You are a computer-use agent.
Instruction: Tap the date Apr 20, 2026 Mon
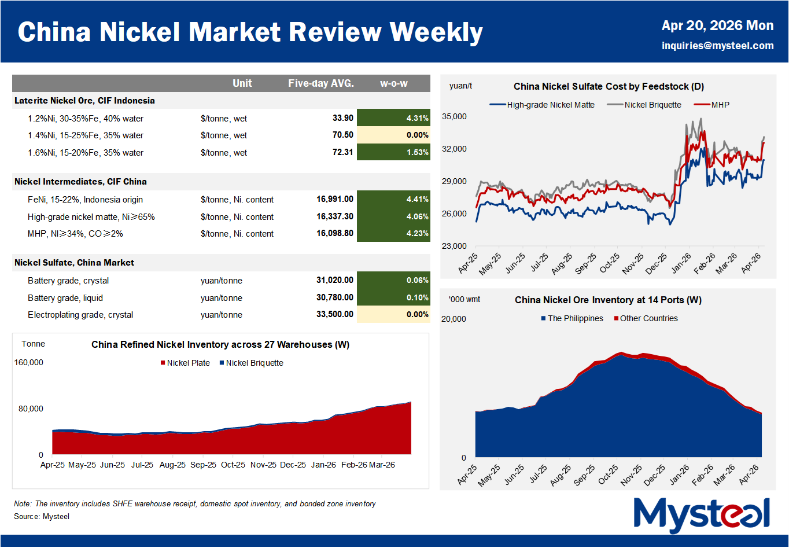[x=717, y=25]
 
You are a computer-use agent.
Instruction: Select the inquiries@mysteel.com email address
[x=717, y=46]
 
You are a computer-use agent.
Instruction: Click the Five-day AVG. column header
[x=321, y=83]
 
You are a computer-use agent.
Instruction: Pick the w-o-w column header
[x=393, y=83]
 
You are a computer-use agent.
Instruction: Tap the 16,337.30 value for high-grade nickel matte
[x=335, y=216]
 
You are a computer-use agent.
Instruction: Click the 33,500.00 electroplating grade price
[x=335, y=314]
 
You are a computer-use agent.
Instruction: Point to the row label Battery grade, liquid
[x=65, y=297]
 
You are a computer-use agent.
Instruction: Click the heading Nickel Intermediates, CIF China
[x=80, y=182]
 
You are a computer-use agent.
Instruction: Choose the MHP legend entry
[x=720, y=105]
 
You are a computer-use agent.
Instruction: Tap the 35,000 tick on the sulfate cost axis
[x=454, y=116]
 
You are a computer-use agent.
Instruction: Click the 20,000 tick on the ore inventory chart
[x=454, y=319]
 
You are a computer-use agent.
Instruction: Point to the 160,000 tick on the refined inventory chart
[x=29, y=362]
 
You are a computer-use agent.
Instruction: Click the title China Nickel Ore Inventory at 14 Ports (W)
[x=608, y=300]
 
